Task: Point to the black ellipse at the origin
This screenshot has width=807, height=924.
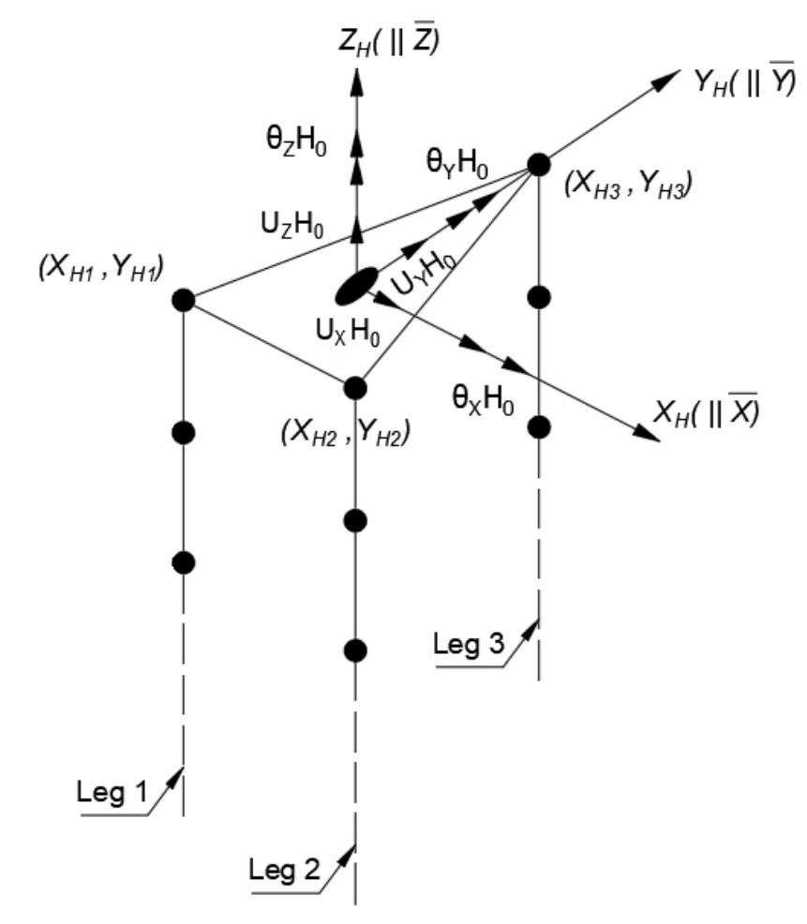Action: point(356,285)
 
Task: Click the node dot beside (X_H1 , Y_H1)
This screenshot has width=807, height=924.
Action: point(184,301)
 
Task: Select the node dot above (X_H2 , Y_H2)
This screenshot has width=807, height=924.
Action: point(355,387)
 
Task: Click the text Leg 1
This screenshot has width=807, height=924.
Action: point(112,797)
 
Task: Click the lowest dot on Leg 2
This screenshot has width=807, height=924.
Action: point(355,649)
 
